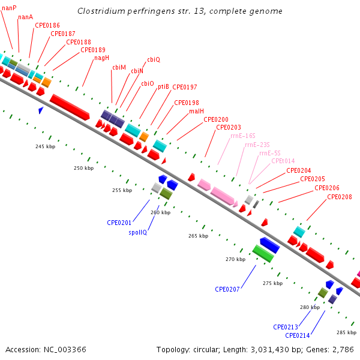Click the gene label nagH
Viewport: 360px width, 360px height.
pyautogui.click(x=102, y=58)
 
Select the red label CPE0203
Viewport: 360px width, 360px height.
pyautogui.click(x=229, y=127)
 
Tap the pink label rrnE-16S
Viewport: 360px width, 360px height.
pyautogui.click(x=243, y=136)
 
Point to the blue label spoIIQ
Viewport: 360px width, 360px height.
pyautogui.click(x=138, y=232)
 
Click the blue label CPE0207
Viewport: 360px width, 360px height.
pyautogui.click(x=227, y=289)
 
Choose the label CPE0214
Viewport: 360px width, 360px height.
pyautogui.click(x=298, y=335)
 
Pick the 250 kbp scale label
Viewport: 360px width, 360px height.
pyautogui.click(x=84, y=168)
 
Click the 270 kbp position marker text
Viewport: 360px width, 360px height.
pyautogui.click(x=236, y=259)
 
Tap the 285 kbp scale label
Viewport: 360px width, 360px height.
pyautogui.click(x=346, y=332)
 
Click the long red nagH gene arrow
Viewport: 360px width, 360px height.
pyautogui.click(x=70, y=107)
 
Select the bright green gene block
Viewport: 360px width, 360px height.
pyautogui.click(x=263, y=253)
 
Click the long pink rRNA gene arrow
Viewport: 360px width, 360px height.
pyautogui.click(x=222, y=196)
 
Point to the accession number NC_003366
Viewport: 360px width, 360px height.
pyautogui.click(x=65, y=350)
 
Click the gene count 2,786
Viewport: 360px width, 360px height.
pyautogui.click(x=343, y=350)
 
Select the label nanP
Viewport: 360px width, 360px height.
pyautogui.click(x=9, y=8)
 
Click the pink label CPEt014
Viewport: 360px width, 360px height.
pyautogui.click(x=283, y=161)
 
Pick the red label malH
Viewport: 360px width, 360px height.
pyautogui.click(x=197, y=112)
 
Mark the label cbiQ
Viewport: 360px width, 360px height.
pyautogui.click(x=154, y=59)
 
